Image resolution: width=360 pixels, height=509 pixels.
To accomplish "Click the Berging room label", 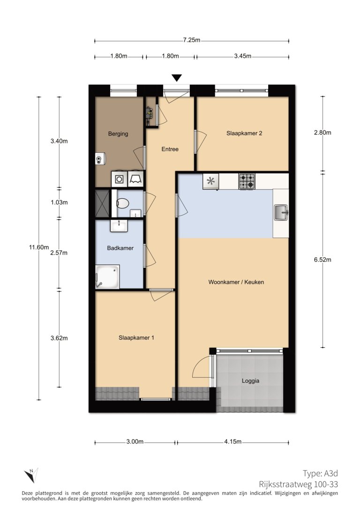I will (x=118, y=134).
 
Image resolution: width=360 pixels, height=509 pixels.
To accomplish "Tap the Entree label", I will (x=170, y=149).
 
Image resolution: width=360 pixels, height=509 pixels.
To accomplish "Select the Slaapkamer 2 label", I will (x=244, y=133).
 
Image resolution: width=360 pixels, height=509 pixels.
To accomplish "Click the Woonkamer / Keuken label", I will (x=236, y=282).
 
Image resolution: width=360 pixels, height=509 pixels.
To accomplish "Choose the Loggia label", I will (x=251, y=381).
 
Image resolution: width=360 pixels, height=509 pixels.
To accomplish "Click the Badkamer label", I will (x=120, y=248).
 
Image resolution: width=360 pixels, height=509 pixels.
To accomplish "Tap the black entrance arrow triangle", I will (x=176, y=78).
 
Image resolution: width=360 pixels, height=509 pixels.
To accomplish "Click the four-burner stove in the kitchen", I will (x=247, y=181).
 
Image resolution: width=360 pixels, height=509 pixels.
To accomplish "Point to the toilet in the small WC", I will (x=122, y=203).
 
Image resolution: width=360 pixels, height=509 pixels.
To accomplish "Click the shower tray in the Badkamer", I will (x=107, y=277).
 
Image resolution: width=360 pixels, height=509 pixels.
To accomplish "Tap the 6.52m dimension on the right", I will (x=322, y=260).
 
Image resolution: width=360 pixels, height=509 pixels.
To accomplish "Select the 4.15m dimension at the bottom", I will (x=232, y=442).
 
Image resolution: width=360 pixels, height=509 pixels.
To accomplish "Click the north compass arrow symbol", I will (x=31, y=475).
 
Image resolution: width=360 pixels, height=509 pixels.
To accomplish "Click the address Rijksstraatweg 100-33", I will (x=298, y=484).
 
